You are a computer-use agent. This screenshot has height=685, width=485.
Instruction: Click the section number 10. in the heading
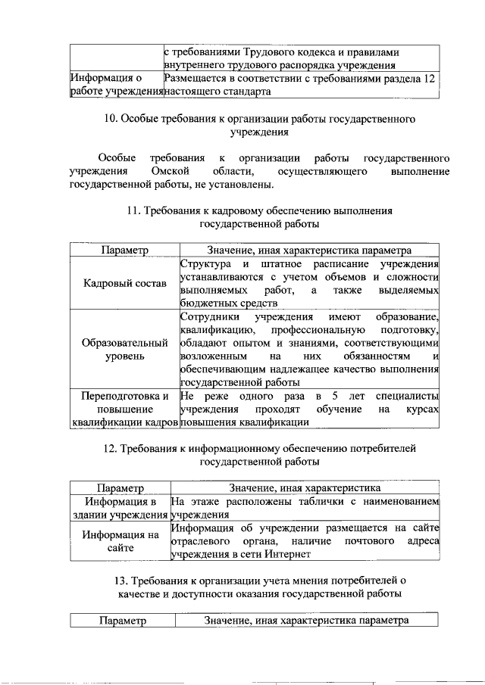(110, 119)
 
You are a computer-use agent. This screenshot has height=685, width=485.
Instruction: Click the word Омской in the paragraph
(169, 172)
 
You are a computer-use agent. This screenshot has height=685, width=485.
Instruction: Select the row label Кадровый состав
(124, 283)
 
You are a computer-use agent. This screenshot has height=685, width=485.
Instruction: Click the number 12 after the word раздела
(430, 78)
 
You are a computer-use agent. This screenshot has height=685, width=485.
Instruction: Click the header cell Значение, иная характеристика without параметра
(305, 488)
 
